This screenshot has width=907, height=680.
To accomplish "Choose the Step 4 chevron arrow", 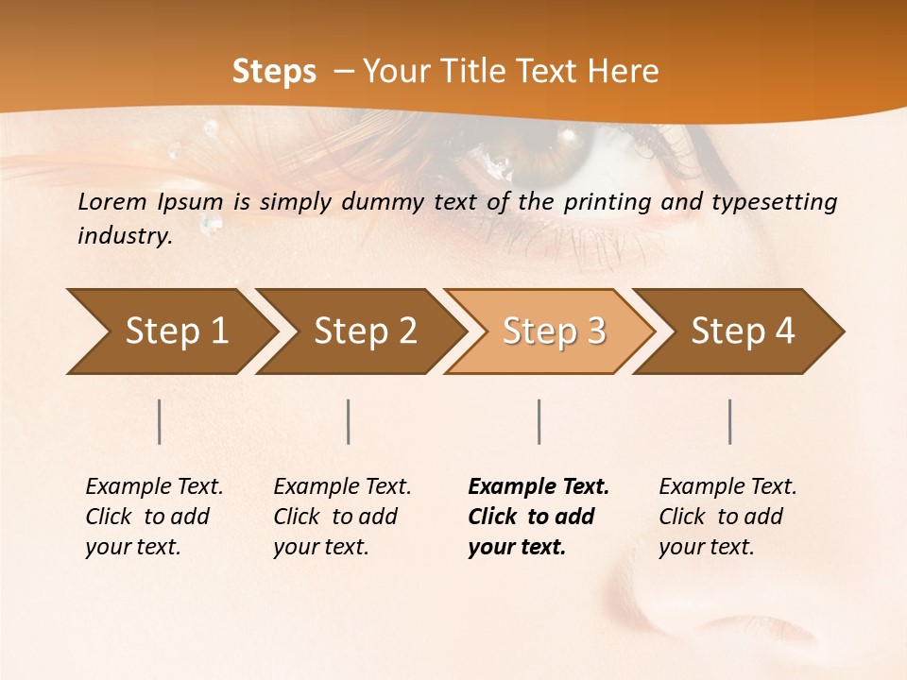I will click(741, 331).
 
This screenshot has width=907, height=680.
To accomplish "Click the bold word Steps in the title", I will click(274, 72).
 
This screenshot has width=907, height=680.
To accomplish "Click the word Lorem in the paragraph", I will click(111, 201).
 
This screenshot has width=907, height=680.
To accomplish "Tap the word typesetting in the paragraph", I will click(779, 202).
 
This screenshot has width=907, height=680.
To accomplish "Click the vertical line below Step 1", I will click(160, 421).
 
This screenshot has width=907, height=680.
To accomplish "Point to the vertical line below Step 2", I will click(349, 421).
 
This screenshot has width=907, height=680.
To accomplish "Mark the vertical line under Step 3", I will click(539, 421).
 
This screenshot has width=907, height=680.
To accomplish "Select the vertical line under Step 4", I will click(730, 421).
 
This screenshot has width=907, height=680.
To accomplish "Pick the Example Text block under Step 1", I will click(154, 517).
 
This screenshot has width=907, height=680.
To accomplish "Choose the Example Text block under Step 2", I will click(342, 517).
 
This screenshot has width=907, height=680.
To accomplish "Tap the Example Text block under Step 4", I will click(727, 517).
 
